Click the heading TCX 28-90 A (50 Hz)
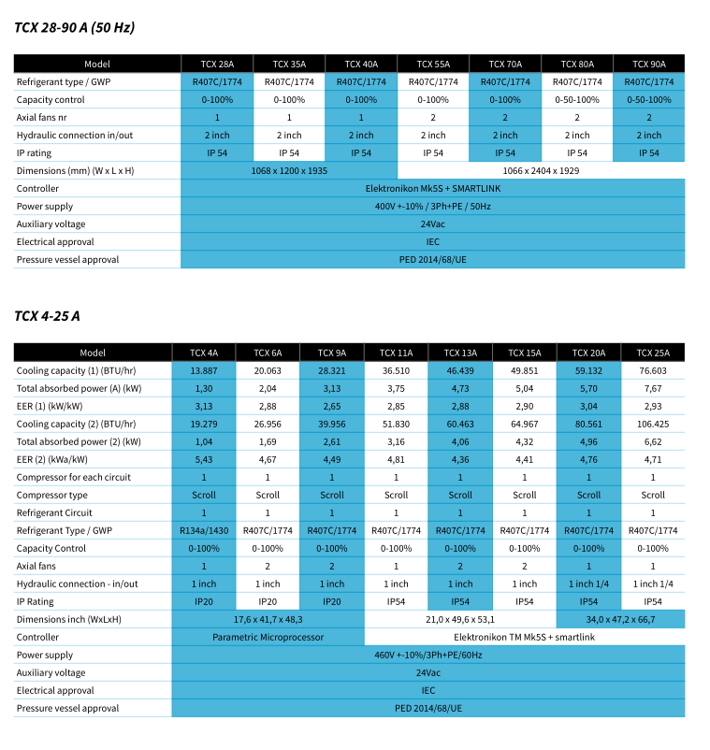75,27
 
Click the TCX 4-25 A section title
47,316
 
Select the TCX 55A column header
433,64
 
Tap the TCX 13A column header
460,353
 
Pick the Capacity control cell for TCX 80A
577,99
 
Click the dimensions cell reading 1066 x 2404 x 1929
541,170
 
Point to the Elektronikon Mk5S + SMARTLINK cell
432,188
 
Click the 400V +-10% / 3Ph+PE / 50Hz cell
432,206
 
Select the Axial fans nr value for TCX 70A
505,117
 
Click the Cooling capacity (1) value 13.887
204,370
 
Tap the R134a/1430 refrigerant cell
204,530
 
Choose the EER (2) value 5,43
204,459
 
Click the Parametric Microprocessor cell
268,637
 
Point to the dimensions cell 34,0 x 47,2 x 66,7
620,619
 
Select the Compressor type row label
52,495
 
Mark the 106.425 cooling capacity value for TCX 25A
653,424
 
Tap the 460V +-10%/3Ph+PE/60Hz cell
427,655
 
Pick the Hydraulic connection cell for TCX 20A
588,584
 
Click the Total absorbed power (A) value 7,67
653,388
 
